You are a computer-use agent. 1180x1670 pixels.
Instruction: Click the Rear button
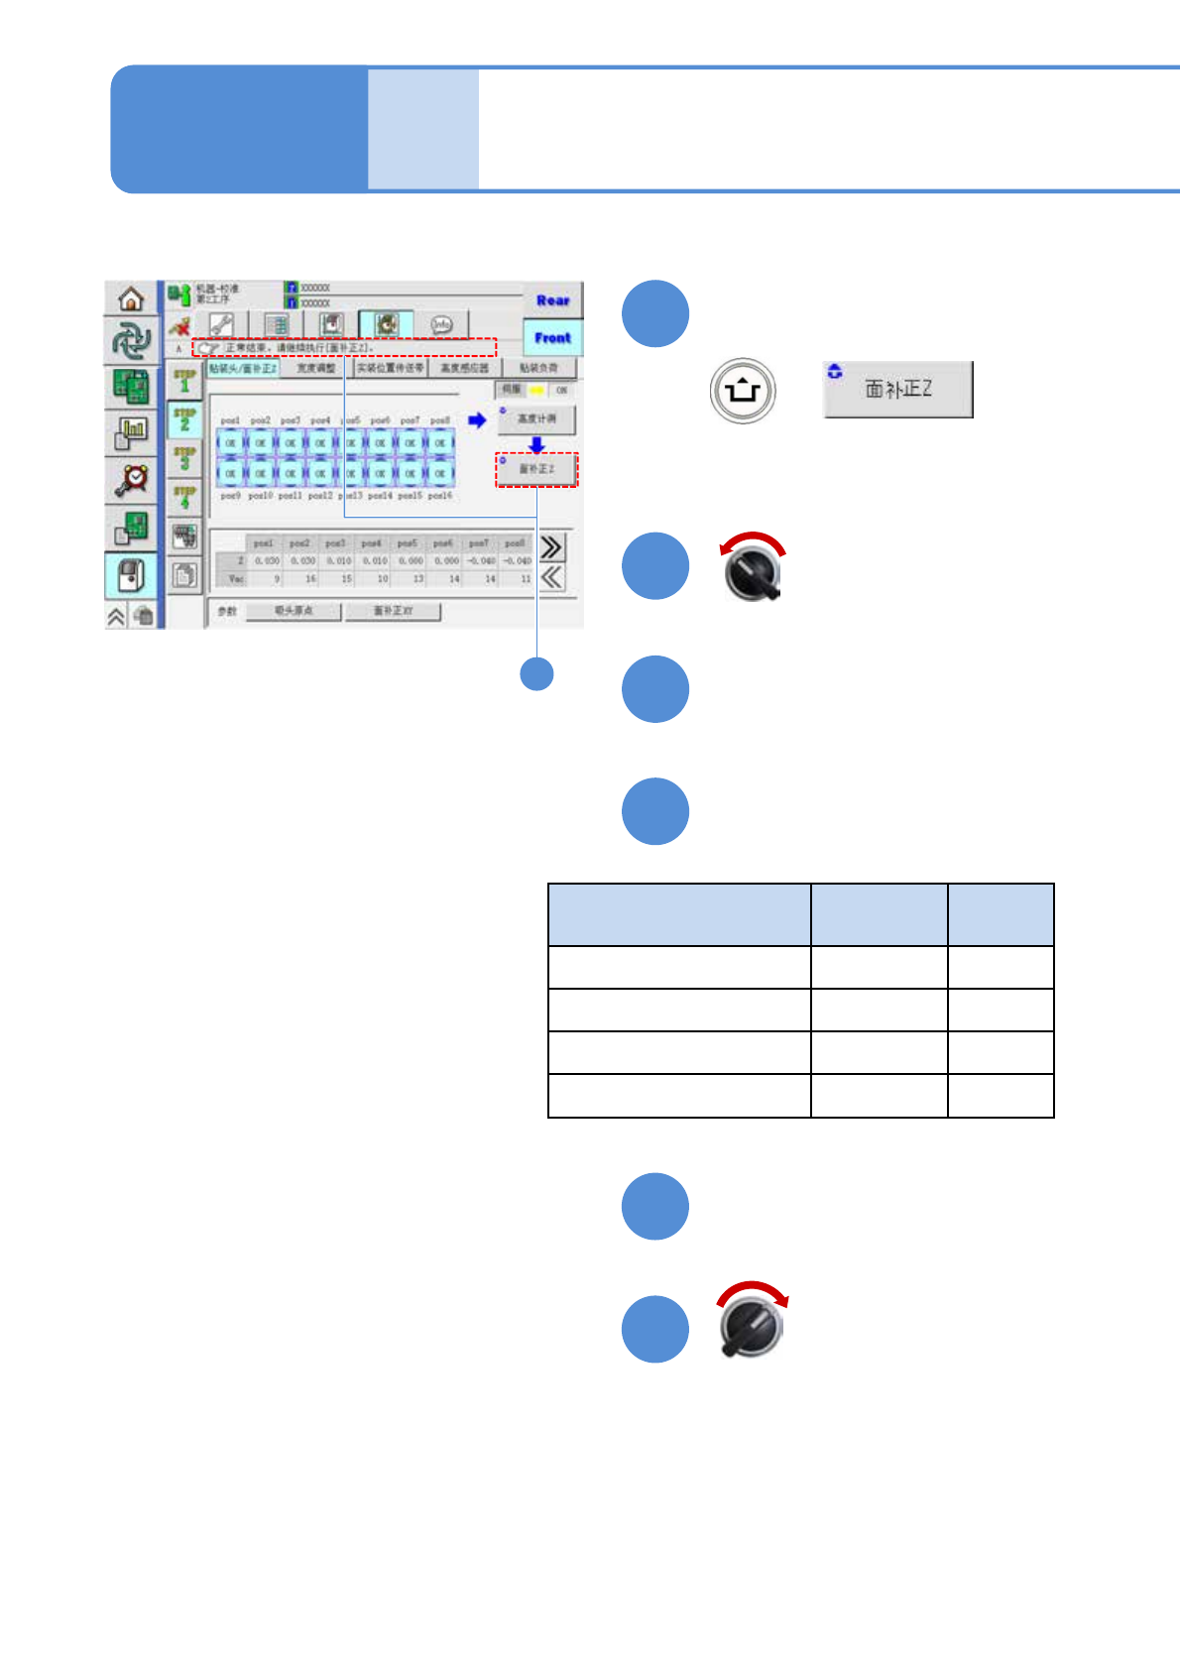tap(552, 299)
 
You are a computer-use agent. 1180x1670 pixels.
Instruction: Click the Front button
tap(552, 337)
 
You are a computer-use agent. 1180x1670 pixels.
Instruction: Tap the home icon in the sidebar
tap(131, 298)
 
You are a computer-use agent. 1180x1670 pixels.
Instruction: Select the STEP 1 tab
tap(184, 381)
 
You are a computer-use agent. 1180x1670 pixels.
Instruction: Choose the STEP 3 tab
tap(184, 458)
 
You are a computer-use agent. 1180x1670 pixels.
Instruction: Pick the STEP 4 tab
tap(184, 497)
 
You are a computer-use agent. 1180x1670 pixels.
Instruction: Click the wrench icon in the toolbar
tap(221, 324)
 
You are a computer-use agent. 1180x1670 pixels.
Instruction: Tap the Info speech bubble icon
tap(441, 324)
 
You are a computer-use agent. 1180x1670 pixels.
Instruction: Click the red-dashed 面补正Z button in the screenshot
tap(536, 469)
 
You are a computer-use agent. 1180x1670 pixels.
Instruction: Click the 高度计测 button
tap(536, 419)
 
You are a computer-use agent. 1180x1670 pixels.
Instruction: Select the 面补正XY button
tap(393, 611)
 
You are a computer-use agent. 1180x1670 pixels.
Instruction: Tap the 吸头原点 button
tap(294, 611)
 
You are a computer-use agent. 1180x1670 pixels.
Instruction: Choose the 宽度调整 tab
tap(316, 368)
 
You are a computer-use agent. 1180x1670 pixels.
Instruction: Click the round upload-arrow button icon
tap(742, 391)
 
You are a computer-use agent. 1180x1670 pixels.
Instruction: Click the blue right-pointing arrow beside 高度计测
tap(477, 420)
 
